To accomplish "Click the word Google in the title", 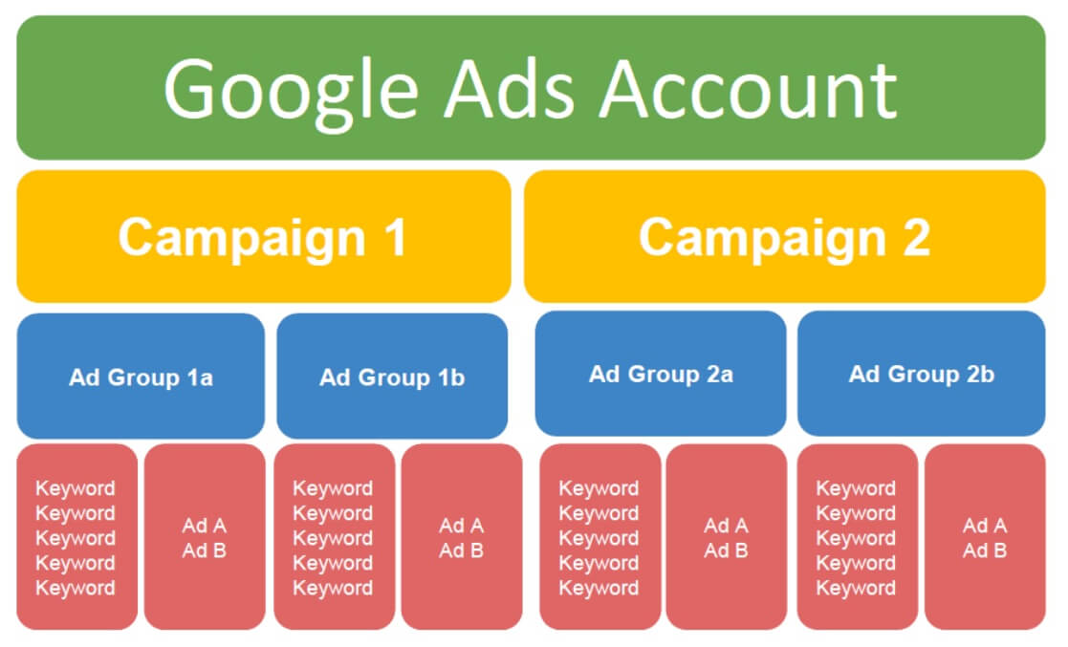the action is point(291,91).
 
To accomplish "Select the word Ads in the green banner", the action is point(511,90).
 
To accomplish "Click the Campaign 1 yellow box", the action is point(264,236).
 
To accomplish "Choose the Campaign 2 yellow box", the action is point(785,236).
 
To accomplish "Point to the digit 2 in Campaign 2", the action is point(916,237).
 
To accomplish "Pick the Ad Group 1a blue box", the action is point(141,376).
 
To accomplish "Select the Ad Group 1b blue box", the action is point(392,376).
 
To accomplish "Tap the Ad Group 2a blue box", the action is point(661,374).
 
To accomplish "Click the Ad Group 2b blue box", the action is point(922,374).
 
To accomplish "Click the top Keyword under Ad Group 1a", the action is point(75,489).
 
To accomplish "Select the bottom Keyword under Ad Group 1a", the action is point(75,589).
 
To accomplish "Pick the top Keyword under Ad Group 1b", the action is point(333,489).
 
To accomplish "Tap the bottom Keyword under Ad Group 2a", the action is point(599,589).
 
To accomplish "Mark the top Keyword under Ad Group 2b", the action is point(856,489).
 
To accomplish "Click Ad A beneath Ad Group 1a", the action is point(205,526).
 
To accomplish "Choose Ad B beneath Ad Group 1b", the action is point(461,550).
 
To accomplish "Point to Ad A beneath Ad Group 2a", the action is point(726,526).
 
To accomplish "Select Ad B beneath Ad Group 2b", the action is point(985,550).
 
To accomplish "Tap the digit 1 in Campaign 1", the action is point(397,237).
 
